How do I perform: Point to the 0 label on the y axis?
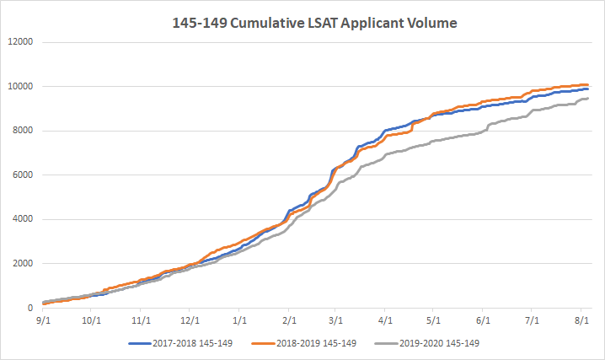29,309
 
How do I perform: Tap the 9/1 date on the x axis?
42,321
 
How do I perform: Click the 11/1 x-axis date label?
141,321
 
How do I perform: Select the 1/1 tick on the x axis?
240,321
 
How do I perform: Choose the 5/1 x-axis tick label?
435,321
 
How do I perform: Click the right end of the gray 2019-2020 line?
588,99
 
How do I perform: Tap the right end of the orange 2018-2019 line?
588,84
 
